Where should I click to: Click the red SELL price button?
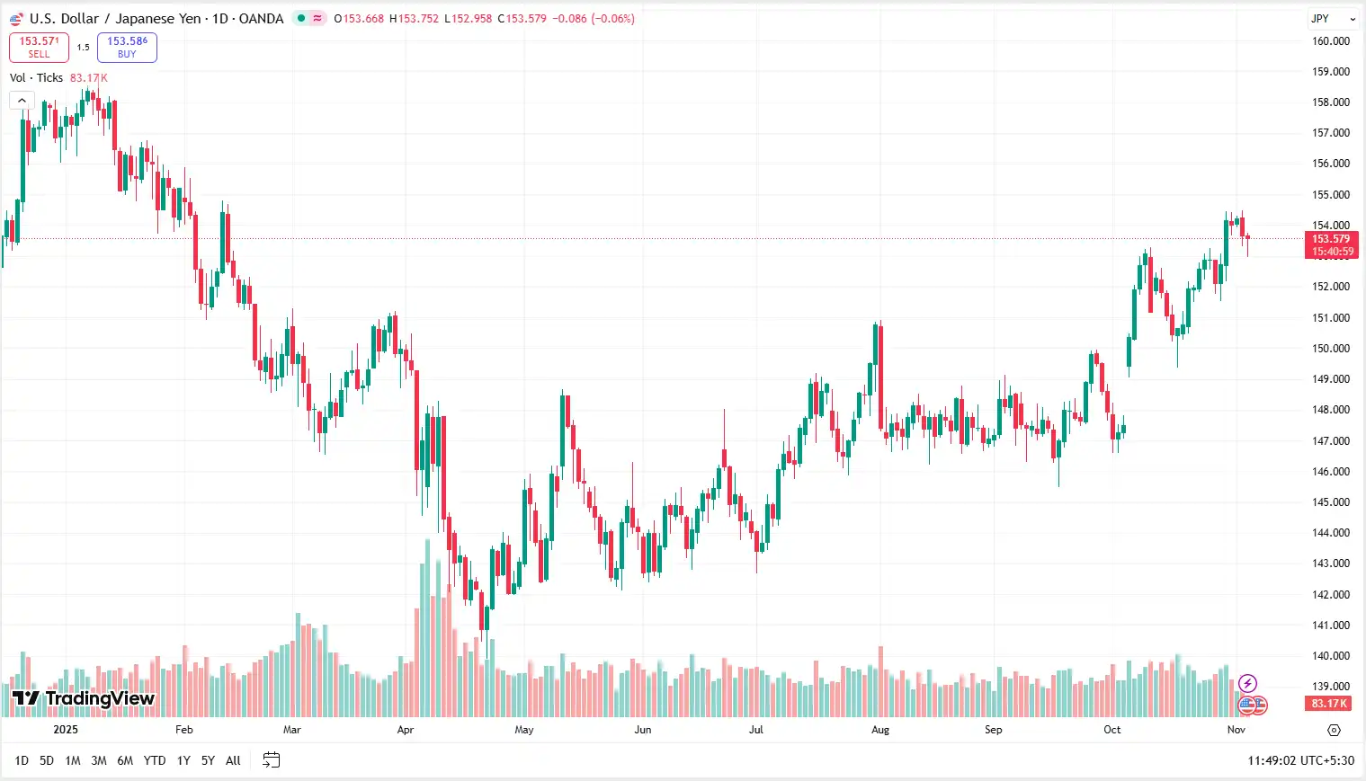(x=39, y=47)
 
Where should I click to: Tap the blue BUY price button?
(x=127, y=47)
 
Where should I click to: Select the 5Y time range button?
(x=208, y=760)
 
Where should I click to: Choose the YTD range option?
(x=155, y=760)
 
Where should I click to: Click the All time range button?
(x=233, y=760)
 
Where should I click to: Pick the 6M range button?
(x=125, y=760)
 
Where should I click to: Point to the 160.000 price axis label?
(x=1330, y=41)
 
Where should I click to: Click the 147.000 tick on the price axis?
(x=1330, y=440)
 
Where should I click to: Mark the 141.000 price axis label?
(x=1330, y=626)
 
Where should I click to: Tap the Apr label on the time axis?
(x=406, y=730)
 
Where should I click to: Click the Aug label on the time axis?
(x=880, y=730)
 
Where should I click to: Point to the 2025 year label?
(x=66, y=730)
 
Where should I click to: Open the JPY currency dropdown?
(x=1332, y=19)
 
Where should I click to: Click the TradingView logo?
(x=84, y=698)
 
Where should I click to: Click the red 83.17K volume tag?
(x=1329, y=704)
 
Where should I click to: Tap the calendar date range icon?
(x=271, y=760)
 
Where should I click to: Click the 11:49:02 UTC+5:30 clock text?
(x=1300, y=760)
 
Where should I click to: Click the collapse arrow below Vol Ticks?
(x=22, y=100)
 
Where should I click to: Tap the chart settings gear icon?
(x=1334, y=730)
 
